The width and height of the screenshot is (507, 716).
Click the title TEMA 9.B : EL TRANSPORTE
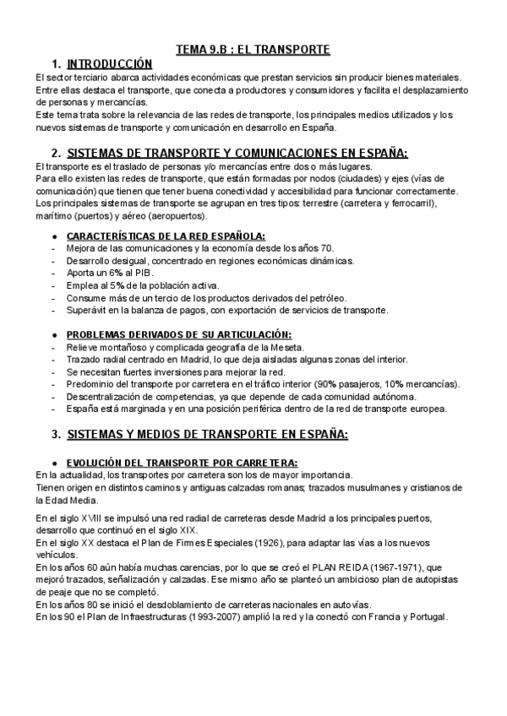click(x=253, y=49)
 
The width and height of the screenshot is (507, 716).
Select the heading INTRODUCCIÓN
click(x=110, y=64)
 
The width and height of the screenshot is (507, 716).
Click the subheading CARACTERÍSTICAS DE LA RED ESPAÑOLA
click(x=166, y=236)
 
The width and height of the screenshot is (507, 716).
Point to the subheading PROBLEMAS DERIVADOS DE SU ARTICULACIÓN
click(x=178, y=334)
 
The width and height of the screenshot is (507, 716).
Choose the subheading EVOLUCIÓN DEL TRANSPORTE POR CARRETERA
click(x=181, y=463)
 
